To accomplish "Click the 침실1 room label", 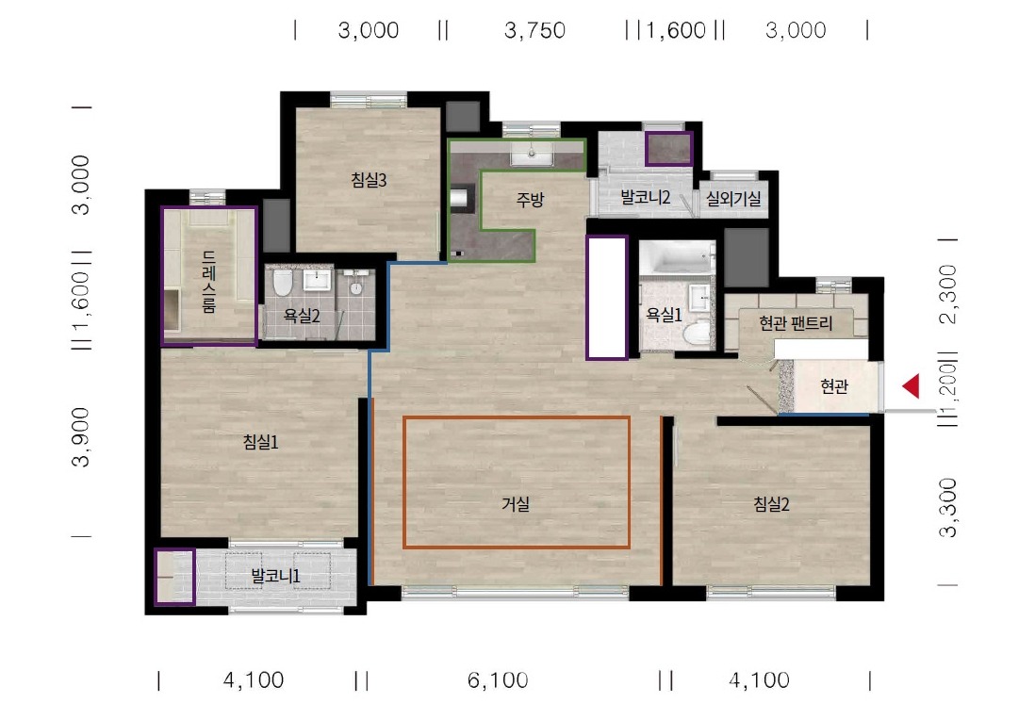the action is pyautogui.click(x=261, y=442).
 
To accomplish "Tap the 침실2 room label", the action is pyautogui.click(x=771, y=505).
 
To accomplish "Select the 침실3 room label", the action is pyautogui.click(x=369, y=179).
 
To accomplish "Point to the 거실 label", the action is pyautogui.click(x=516, y=505).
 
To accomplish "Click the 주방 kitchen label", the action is pyautogui.click(x=530, y=199).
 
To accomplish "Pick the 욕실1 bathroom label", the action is pyautogui.click(x=664, y=316).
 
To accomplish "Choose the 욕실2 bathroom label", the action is pyautogui.click(x=302, y=316).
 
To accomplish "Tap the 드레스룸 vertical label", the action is pyautogui.click(x=208, y=282).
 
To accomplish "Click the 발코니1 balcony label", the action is pyautogui.click(x=276, y=577).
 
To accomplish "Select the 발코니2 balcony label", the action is pyautogui.click(x=646, y=197).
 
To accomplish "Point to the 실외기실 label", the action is pyautogui.click(x=733, y=198).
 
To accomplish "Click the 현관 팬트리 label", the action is pyautogui.click(x=796, y=323).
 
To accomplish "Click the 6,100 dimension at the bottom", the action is pyautogui.click(x=498, y=680).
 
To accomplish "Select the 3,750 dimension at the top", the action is pyautogui.click(x=534, y=30).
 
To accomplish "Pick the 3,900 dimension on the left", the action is pyautogui.click(x=81, y=437).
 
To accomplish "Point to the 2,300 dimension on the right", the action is pyautogui.click(x=948, y=294).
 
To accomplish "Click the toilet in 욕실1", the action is pyautogui.click(x=697, y=334).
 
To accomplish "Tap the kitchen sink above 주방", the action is pyautogui.click(x=532, y=156).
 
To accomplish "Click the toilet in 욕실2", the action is pyautogui.click(x=283, y=283).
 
